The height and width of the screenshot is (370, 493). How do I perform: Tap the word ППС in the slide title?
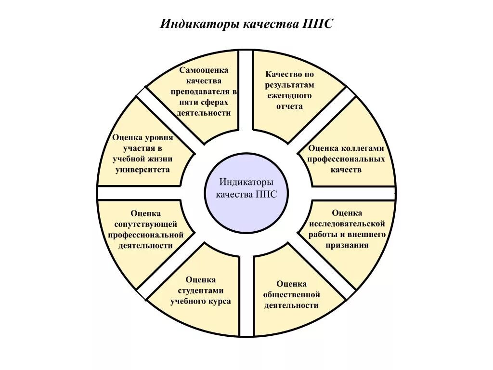(x=318, y=24)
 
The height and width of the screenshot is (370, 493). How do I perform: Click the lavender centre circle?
(x=246, y=193)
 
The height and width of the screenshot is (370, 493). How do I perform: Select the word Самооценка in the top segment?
(x=204, y=70)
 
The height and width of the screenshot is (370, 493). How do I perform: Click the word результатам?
(x=289, y=85)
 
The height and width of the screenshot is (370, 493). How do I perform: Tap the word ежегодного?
(x=289, y=95)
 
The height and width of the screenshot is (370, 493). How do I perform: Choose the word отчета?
(x=289, y=106)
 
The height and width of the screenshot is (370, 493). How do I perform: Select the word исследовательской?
(x=347, y=224)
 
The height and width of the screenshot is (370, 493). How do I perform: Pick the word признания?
(x=347, y=245)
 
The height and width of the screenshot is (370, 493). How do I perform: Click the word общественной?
(x=292, y=294)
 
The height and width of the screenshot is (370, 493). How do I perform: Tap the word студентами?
(x=200, y=291)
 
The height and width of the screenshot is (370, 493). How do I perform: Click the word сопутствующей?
(x=146, y=224)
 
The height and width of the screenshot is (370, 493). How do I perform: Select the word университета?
(x=142, y=170)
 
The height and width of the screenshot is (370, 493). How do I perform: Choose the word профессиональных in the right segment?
(x=346, y=159)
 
